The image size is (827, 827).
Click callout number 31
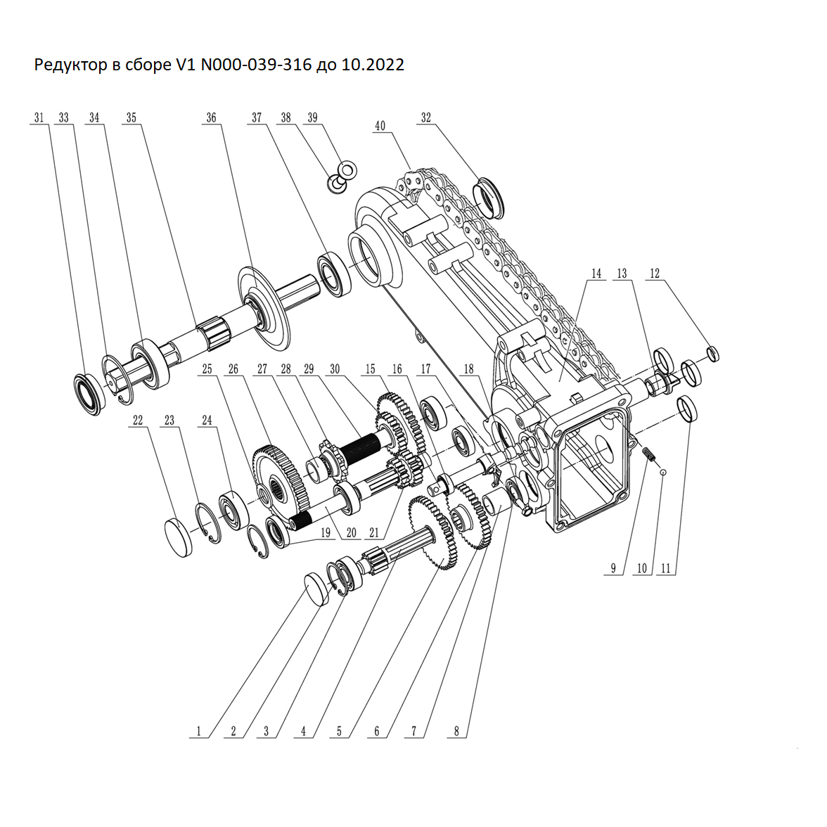coord(39,118)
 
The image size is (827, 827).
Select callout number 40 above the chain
coord(380,127)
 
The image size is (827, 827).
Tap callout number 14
coord(596,274)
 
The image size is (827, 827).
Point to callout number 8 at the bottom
coord(456,731)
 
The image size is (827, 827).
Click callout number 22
coord(138,421)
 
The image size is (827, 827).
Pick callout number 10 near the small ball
coord(642,568)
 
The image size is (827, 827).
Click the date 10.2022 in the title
coord(372,65)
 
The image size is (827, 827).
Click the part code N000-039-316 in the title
coord(256,65)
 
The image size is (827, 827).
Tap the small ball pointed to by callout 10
coord(662,472)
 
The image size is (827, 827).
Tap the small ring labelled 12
coord(712,353)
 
